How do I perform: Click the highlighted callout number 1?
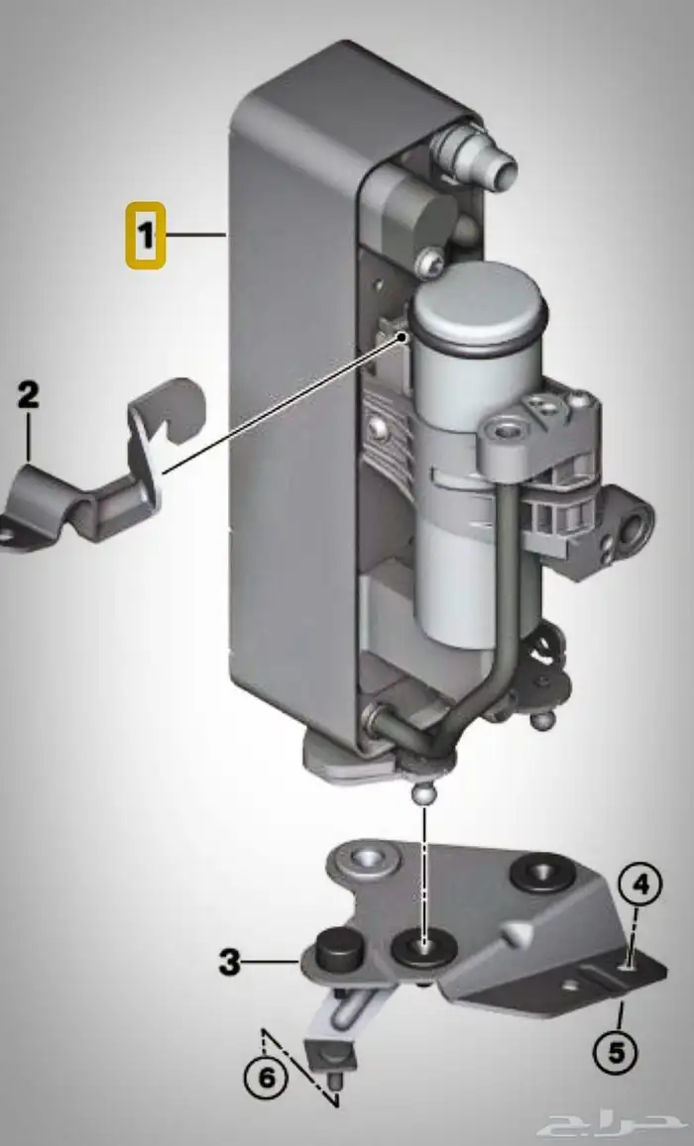[x=146, y=236]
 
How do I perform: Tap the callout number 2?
[x=28, y=395]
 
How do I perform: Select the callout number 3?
[x=230, y=962]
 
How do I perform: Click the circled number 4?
[x=640, y=886]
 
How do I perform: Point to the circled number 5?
[x=616, y=1053]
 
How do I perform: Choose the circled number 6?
[x=266, y=1078]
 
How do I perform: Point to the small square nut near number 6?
[x=328, y=1056]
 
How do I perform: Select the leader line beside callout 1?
[x=196, y=235]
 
